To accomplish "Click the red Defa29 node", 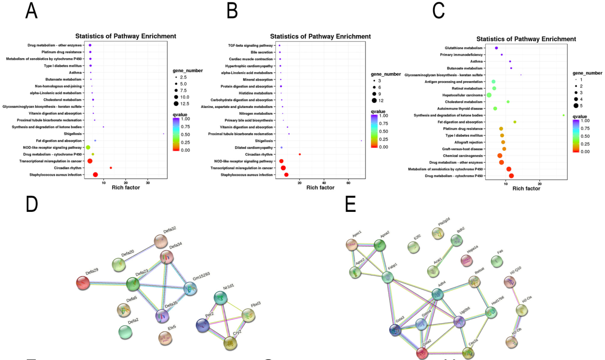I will [x=82, y=283].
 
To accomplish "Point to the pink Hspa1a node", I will [x=466, y=260].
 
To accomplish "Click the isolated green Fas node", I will [x=497, y=261].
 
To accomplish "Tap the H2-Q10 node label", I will [x=515, y=269].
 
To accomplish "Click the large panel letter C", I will [x=439, y=11].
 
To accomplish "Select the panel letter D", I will [x=31, y=204].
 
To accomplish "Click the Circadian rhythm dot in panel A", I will [x=111, y=168].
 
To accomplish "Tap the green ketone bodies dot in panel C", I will [x=563, y=115].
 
